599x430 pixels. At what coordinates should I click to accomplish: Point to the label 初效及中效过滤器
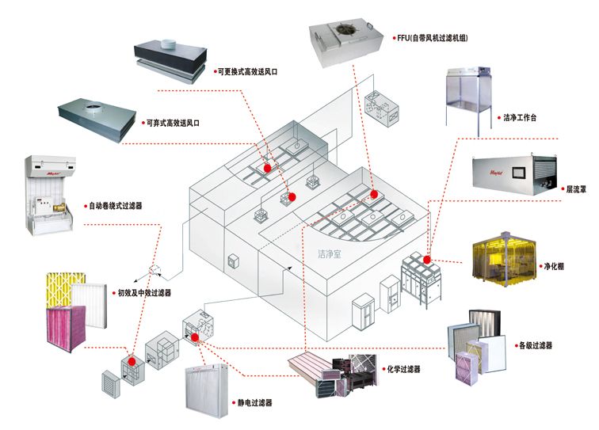point(144,292)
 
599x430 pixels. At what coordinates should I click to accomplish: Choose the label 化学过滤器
point(405,369)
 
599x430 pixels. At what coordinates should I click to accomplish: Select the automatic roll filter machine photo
point(48,193)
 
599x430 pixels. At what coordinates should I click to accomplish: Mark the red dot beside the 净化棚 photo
point(426,259)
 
